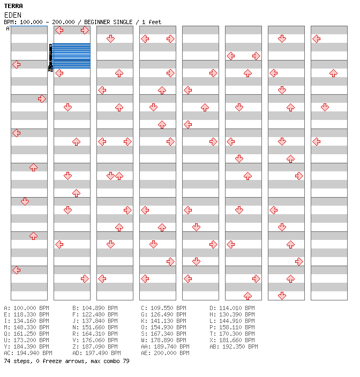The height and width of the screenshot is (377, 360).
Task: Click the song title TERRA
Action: [x=13, y=6]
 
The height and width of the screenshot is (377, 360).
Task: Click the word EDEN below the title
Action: [x=12, y=15]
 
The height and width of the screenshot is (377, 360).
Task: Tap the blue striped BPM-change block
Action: [x=72, y=56]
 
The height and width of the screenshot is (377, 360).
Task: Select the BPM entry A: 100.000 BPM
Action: [x=26, y=308]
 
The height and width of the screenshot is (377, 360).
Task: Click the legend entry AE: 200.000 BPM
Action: [x=165, y=353]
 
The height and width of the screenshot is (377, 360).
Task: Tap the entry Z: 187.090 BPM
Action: [x=95, y=346]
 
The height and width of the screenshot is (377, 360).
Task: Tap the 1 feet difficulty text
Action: [x=151, y=22]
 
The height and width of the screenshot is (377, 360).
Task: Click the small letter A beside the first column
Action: [x=7, y=28]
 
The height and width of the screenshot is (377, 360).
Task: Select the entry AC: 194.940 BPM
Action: [x=28, y=353]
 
